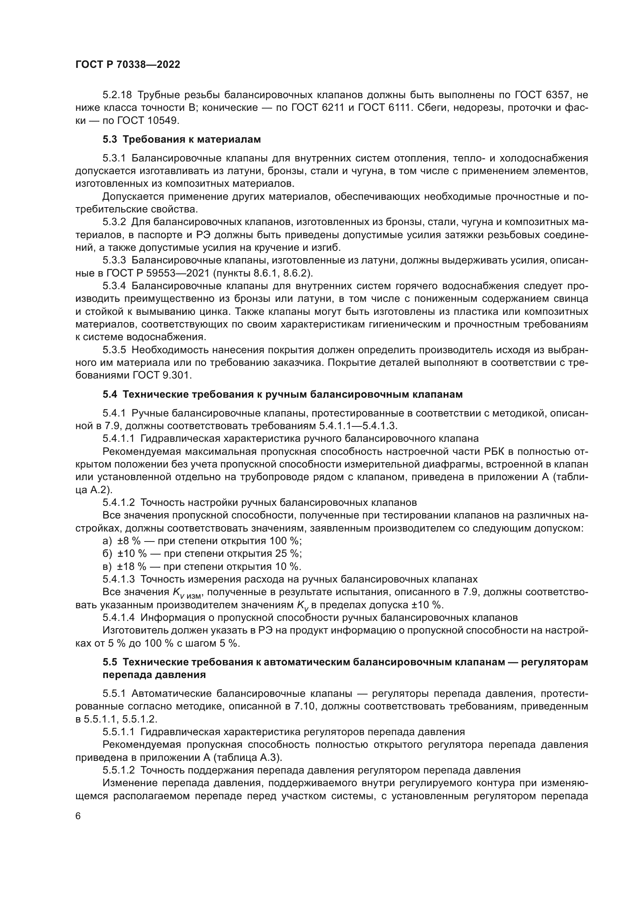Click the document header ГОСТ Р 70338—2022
(x=128, y=65)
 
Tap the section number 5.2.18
(x=117, y=95)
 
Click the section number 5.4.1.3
(x=119, y=579)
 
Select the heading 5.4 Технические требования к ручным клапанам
(x=282, y=395)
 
